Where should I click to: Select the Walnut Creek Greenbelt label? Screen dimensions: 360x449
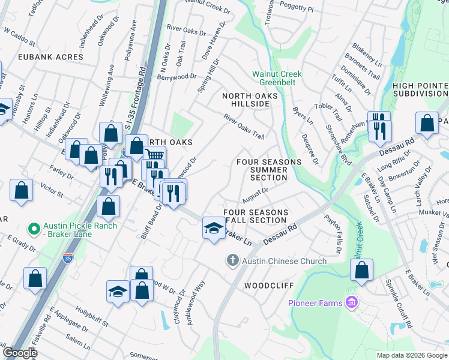[x=277, y=78]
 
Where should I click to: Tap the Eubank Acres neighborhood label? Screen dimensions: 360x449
[x=42, y=57]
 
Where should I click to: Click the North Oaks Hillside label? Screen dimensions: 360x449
[x=250, y=100]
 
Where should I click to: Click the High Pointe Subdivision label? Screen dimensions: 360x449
[x=420, y=89]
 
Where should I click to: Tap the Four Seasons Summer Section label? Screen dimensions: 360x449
[x=268, y=170]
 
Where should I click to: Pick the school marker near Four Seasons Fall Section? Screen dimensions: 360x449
[x=214, y=228]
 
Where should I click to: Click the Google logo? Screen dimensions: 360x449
[x=19, y=353]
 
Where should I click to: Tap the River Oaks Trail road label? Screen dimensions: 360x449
[x=244, y=127]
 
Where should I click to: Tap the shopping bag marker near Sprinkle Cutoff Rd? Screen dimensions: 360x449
[x=361, y=271]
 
